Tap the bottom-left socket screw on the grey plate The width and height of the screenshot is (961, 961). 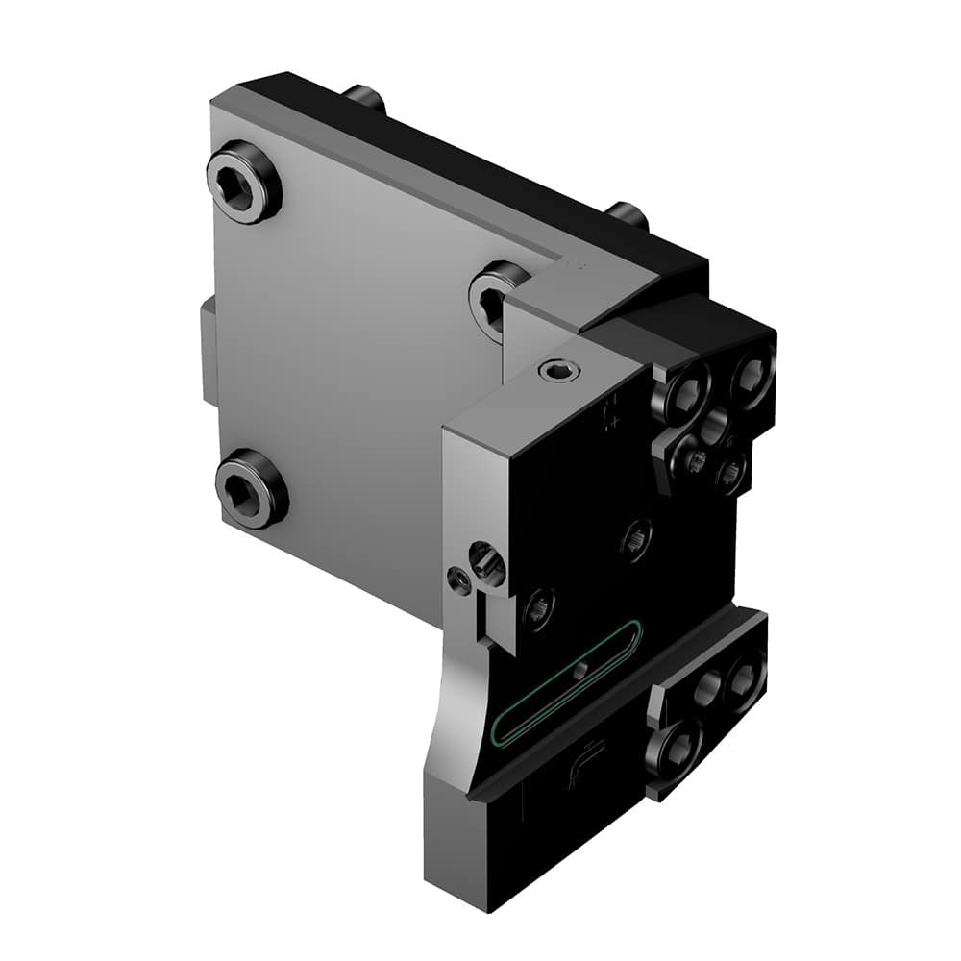pyautogui.click(x=250, y=488)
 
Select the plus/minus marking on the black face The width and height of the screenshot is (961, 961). pyautogui.click(x=611, y=416)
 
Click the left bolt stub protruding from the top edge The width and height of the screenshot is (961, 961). pyautogui.click(x=365, y=97)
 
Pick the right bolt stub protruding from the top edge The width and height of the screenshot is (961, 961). pyautogui.click(x=626, y=214)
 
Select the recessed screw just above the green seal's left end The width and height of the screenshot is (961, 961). pyautogui.click(x=538, y=606)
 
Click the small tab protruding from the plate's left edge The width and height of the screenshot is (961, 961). pyautogui.click(x=208, y=351)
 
